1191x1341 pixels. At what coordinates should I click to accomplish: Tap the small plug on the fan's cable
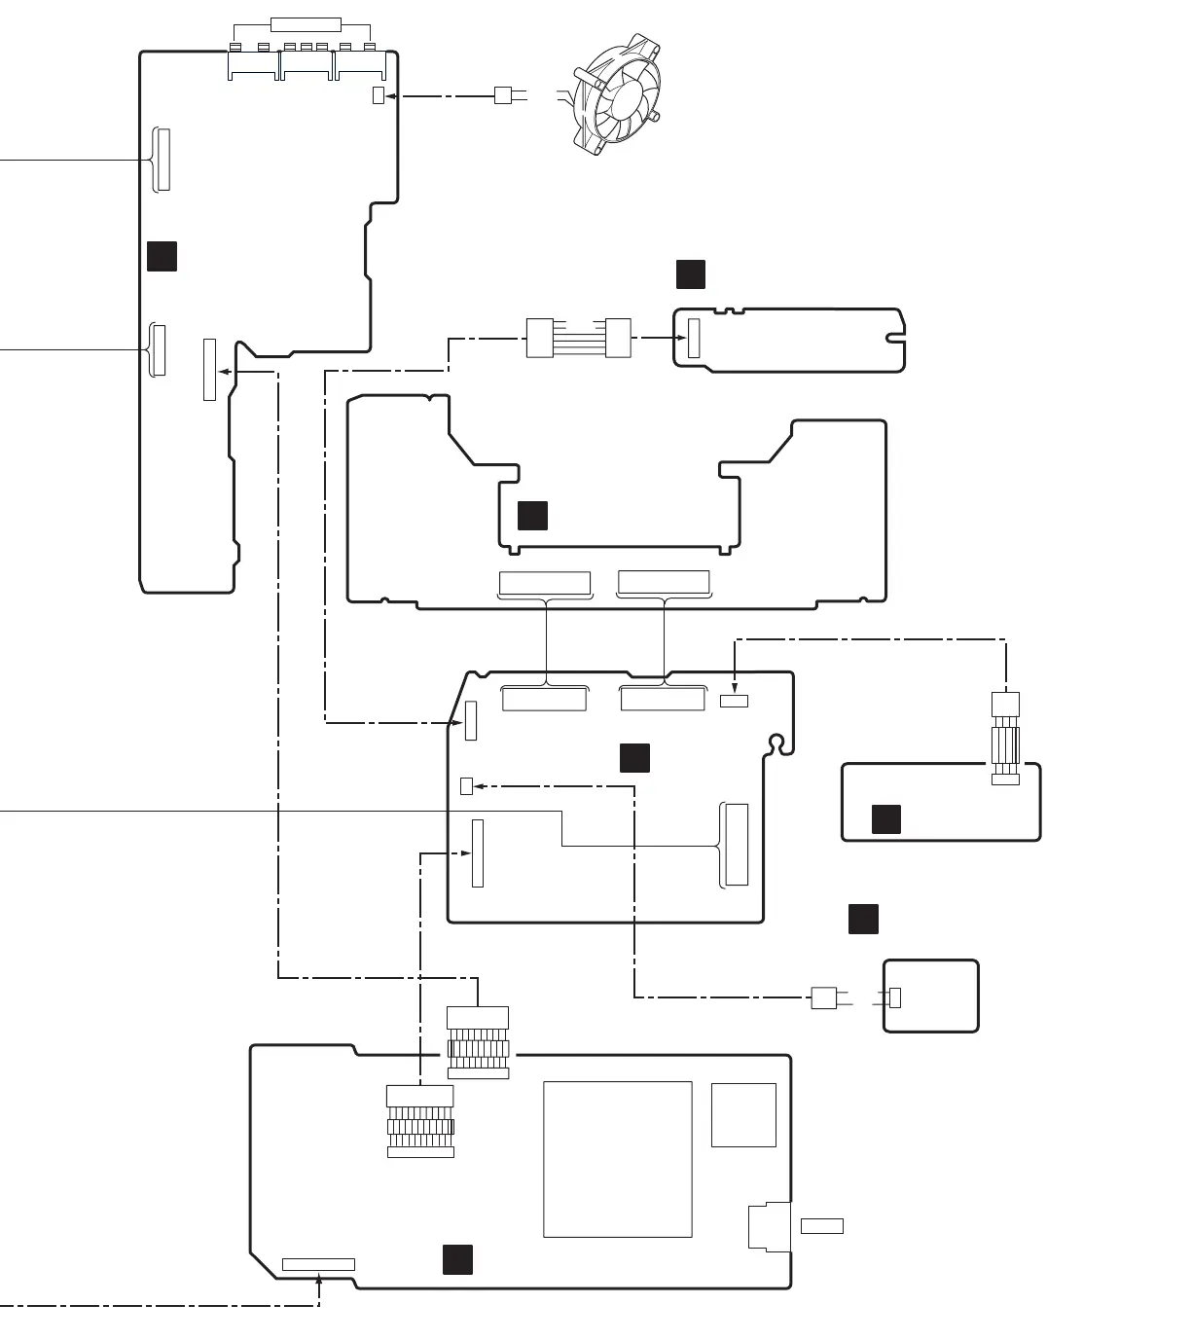click(503, 95)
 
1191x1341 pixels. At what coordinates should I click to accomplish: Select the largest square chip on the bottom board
click(617, 1159)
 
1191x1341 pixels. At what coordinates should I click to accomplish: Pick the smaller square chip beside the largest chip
click(743, 1114)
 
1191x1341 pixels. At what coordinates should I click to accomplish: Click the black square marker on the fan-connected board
click(162, 256)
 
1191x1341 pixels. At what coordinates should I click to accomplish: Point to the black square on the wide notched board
click(532, 516)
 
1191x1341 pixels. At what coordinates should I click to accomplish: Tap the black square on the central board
click(634, 757)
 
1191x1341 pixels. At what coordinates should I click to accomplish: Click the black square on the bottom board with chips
click(457, 1258)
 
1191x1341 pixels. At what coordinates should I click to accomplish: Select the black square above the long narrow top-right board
click(690, 274)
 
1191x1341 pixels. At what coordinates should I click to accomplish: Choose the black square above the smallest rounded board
click(863, 919)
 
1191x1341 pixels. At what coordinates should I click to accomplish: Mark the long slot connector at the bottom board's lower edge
click(318, 1264)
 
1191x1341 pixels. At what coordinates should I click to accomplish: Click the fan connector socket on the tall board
click(379, 95)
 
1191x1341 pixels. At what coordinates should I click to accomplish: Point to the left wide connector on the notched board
click(544, 583)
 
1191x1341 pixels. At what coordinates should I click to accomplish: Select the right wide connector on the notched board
click(664, 583)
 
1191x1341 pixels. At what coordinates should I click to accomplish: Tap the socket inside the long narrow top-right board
click(694, 338)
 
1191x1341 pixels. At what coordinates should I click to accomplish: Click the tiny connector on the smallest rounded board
click(895, 997)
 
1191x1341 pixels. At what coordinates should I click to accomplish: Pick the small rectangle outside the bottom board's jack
click(821, 1225)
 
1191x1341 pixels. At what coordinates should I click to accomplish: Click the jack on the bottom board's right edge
click(766, 1226)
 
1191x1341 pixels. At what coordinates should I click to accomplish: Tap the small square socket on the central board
click(466, 786)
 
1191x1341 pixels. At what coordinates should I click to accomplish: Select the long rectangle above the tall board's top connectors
click(306, 24)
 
